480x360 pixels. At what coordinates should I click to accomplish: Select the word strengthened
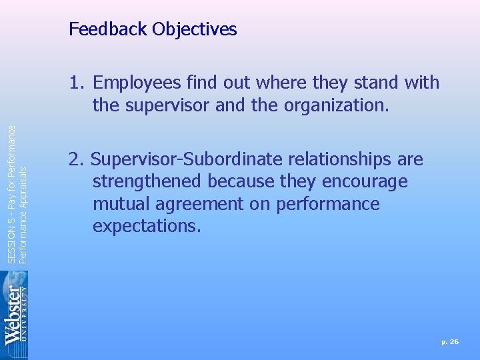click(x=150, y=182)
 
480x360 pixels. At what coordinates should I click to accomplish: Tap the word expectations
click(x=146, y=226)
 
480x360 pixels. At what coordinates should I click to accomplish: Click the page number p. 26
click(x=450, y=341)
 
